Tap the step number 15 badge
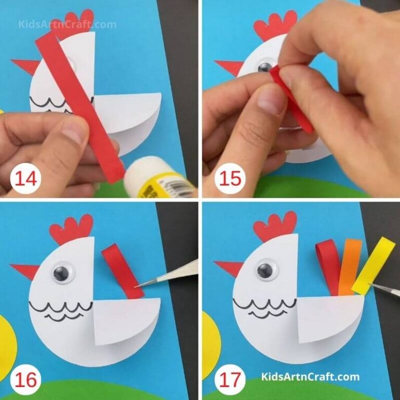[229, 179]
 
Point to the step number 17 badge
[229, 378]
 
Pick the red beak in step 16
[25, 271]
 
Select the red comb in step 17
[274, 226]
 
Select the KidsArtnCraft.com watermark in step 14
[67, 24]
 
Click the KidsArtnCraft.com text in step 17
[310, 377]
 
